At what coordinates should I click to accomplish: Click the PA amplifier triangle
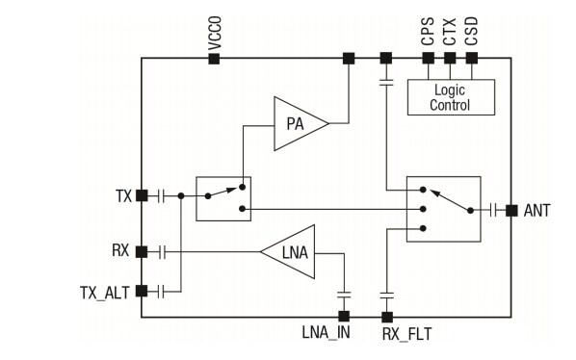pos(297,122)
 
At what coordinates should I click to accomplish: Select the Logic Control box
pos(451,97)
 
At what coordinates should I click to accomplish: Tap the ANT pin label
pos(537,210)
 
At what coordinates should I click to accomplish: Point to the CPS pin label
pos(427,33)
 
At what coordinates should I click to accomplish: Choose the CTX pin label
pos(449,33)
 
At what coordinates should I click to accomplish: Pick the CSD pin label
pos(471,33)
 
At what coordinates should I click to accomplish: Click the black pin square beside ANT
pos(511,210)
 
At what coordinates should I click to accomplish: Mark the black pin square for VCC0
pos(214,59)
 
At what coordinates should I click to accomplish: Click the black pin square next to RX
pos(142,252)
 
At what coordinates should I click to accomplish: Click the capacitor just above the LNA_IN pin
pos(342,295)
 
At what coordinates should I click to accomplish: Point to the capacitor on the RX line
pos(163,252)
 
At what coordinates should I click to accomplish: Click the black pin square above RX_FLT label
pos(387,316)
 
